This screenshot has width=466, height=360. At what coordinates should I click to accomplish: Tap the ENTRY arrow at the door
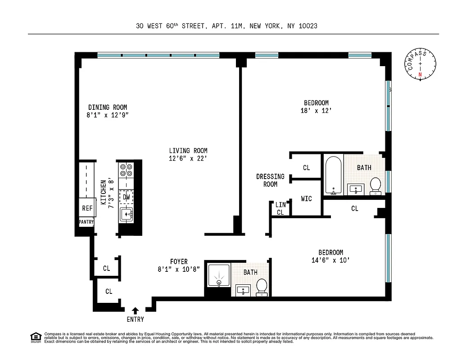[x=135, y=310]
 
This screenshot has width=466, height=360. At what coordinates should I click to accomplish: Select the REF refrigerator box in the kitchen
[x=87, y=208]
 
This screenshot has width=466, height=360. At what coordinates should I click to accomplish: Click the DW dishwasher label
[x=126, y=197]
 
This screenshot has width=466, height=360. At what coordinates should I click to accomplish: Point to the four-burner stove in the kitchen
[x=126, y=170]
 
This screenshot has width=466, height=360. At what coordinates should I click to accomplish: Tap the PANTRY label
[x=86, y=222]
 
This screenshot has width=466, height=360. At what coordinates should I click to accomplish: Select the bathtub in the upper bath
[x=333, y=175]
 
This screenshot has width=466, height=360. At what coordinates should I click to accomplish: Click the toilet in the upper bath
[x=376, y=185]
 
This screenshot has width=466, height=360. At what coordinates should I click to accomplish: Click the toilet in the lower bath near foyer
[x=262, y=287]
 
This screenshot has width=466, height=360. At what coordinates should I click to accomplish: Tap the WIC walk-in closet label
[x=306, y=198]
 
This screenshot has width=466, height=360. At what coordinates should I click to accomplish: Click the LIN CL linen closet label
[x=280, y=209]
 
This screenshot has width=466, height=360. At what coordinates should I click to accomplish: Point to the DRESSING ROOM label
[x=270, y=180]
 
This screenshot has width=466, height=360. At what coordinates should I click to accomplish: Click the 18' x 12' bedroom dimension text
[x=316, y=111]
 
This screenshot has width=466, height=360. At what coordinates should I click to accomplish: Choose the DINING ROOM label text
[x=107, y=107]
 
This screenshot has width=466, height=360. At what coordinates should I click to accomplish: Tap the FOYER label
[x=179, y=261]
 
